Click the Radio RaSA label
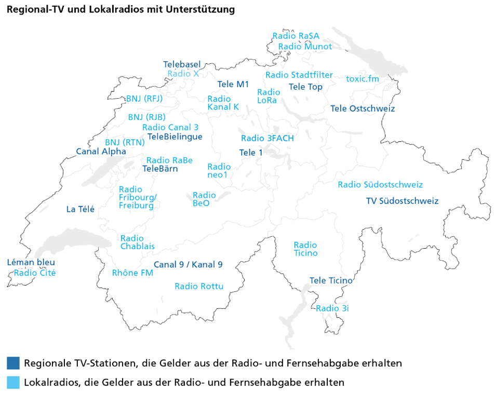(296, 36)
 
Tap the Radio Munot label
(305, 47)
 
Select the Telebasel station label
(182, 64)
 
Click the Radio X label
(183, 74)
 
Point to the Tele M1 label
(233, 84)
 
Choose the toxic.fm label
(363, 79)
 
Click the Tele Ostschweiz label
(363, 108)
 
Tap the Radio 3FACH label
(267, 138)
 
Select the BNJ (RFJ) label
(144, 99)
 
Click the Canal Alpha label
(101, 152)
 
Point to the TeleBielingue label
(175, 137)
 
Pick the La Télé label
(81, 209)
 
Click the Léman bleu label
(31, 263)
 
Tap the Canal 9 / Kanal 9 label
(188, 265)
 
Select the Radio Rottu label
(199, 286)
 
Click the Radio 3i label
(332, 308)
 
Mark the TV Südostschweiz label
(402, 201)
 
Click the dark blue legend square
(14, 362)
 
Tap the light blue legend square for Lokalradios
(14, 383)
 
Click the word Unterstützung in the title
(200, 9)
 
